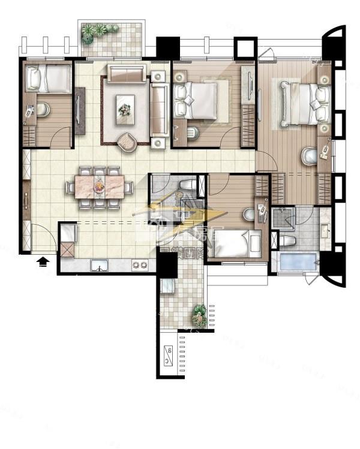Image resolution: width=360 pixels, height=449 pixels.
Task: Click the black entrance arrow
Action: pyautogui.click(x=43, y=261)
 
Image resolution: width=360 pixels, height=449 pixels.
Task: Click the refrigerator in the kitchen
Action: pyautogui.click(x=67, y=232)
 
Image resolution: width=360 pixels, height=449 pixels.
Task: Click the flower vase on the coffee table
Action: pyautogui.click(x=124, y=110)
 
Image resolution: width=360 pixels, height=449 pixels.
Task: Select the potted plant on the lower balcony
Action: pyautogui.click(x=199, y=315)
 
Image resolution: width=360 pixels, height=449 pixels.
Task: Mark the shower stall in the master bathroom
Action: pyautogui.click(x=280, y=219)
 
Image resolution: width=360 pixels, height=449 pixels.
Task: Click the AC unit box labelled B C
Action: pyautogui.click(x=169, y=356)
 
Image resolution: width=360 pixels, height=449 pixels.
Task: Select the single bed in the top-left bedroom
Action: pyautogui.click(x=48, y=78)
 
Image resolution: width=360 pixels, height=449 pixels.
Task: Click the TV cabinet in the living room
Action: pyautogui.click(x=80, y=111)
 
